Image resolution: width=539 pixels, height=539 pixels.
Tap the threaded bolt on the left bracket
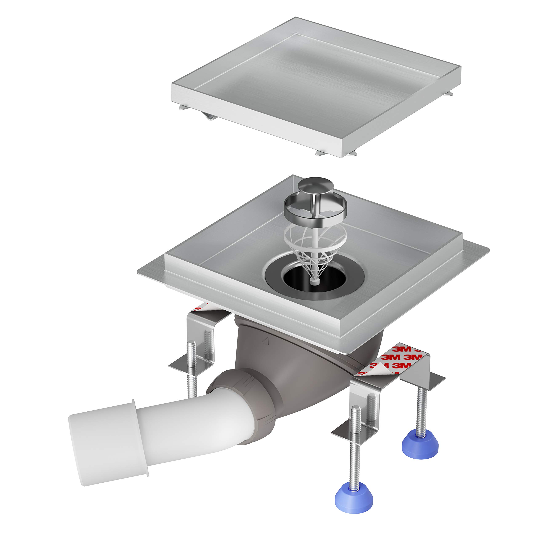(192, 363)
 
